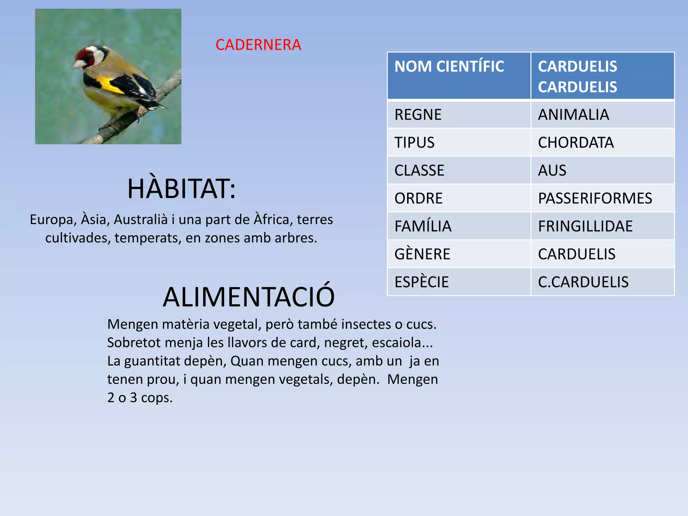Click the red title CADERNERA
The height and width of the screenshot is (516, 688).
(258, 45)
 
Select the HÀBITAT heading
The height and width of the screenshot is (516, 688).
(181, 189)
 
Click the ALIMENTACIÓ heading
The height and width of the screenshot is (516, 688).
(249, 297)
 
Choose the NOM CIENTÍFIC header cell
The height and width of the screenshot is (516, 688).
(449, 67)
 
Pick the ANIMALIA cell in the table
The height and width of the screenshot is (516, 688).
(573, 115)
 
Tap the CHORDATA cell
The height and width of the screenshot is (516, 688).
(576, 143)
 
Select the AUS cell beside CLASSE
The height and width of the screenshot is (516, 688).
(552, 171)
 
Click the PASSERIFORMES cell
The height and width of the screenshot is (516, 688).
(595, 199)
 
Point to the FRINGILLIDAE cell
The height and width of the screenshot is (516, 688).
(585, 226)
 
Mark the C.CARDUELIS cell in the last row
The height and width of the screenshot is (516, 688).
(583, 282)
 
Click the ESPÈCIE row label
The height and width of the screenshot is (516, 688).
(422, 282)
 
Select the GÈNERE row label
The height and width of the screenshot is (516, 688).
(422, 254)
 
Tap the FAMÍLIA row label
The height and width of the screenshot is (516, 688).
(423, 226)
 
